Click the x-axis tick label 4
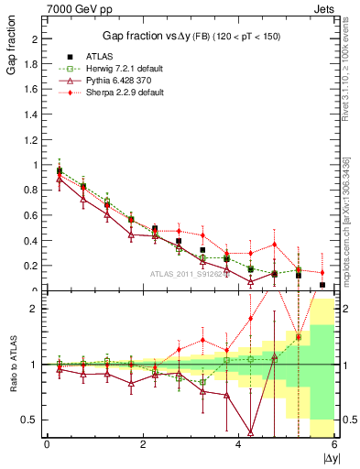pyautogui.click(x=239, y=444)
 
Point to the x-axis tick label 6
pyautogui.click(x=334, y=444)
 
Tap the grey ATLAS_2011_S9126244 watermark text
pyautogui.click(x=192, y=273)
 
